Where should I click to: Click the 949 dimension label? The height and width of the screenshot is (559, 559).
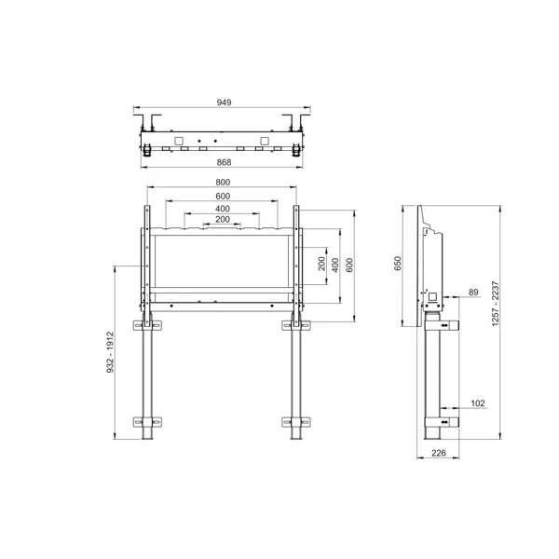click(x=223, y=103)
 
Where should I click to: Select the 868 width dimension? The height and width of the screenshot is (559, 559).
click(x=223, y=162)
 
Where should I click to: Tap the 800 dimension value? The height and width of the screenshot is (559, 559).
click(x=223, y=183)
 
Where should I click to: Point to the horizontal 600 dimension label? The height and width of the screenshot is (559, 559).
click(x=223, y=197)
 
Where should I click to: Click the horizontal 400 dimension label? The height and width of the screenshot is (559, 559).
click(x=223, y=209)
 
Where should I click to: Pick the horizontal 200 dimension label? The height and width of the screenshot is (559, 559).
click(x=223, y=220)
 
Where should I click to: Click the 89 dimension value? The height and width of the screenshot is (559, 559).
click(x=473, y=293)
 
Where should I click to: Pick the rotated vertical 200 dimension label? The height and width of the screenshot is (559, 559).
click(x=321, y=265)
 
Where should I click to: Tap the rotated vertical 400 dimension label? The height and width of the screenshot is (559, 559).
click(x=335, y=265)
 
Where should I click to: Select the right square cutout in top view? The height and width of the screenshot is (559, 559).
click(x=266, y=141)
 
